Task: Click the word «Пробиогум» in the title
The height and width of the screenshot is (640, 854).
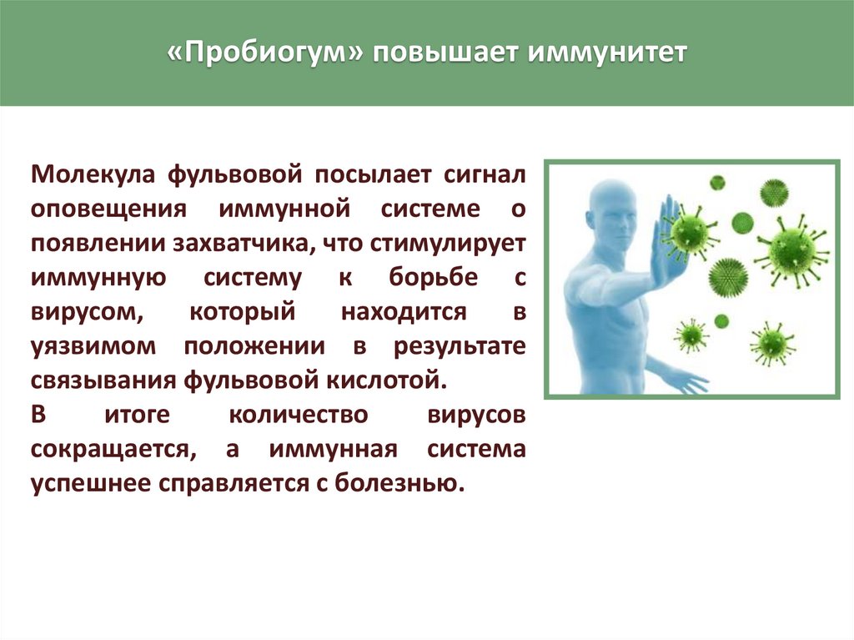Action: click(x=265, y=53)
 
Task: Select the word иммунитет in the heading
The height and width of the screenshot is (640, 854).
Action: click(x=608, y=53)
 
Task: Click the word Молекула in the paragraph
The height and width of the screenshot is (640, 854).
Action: click(x=93, y=174)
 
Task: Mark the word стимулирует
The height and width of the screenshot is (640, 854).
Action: click(x=448, y=244)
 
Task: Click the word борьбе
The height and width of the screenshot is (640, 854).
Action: click(x=433, y=277)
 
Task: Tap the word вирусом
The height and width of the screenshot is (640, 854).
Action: click(x=88, y=313)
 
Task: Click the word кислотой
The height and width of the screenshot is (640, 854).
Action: click(x=387, y=380)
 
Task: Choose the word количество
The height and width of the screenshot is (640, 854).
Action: click(x=299, y=415)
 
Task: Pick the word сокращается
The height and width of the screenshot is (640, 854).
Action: click(x=113, y=450)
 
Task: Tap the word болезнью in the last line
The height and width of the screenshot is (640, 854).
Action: click(x=399, y=482)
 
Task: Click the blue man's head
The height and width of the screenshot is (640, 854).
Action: click(x=613, y=206)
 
